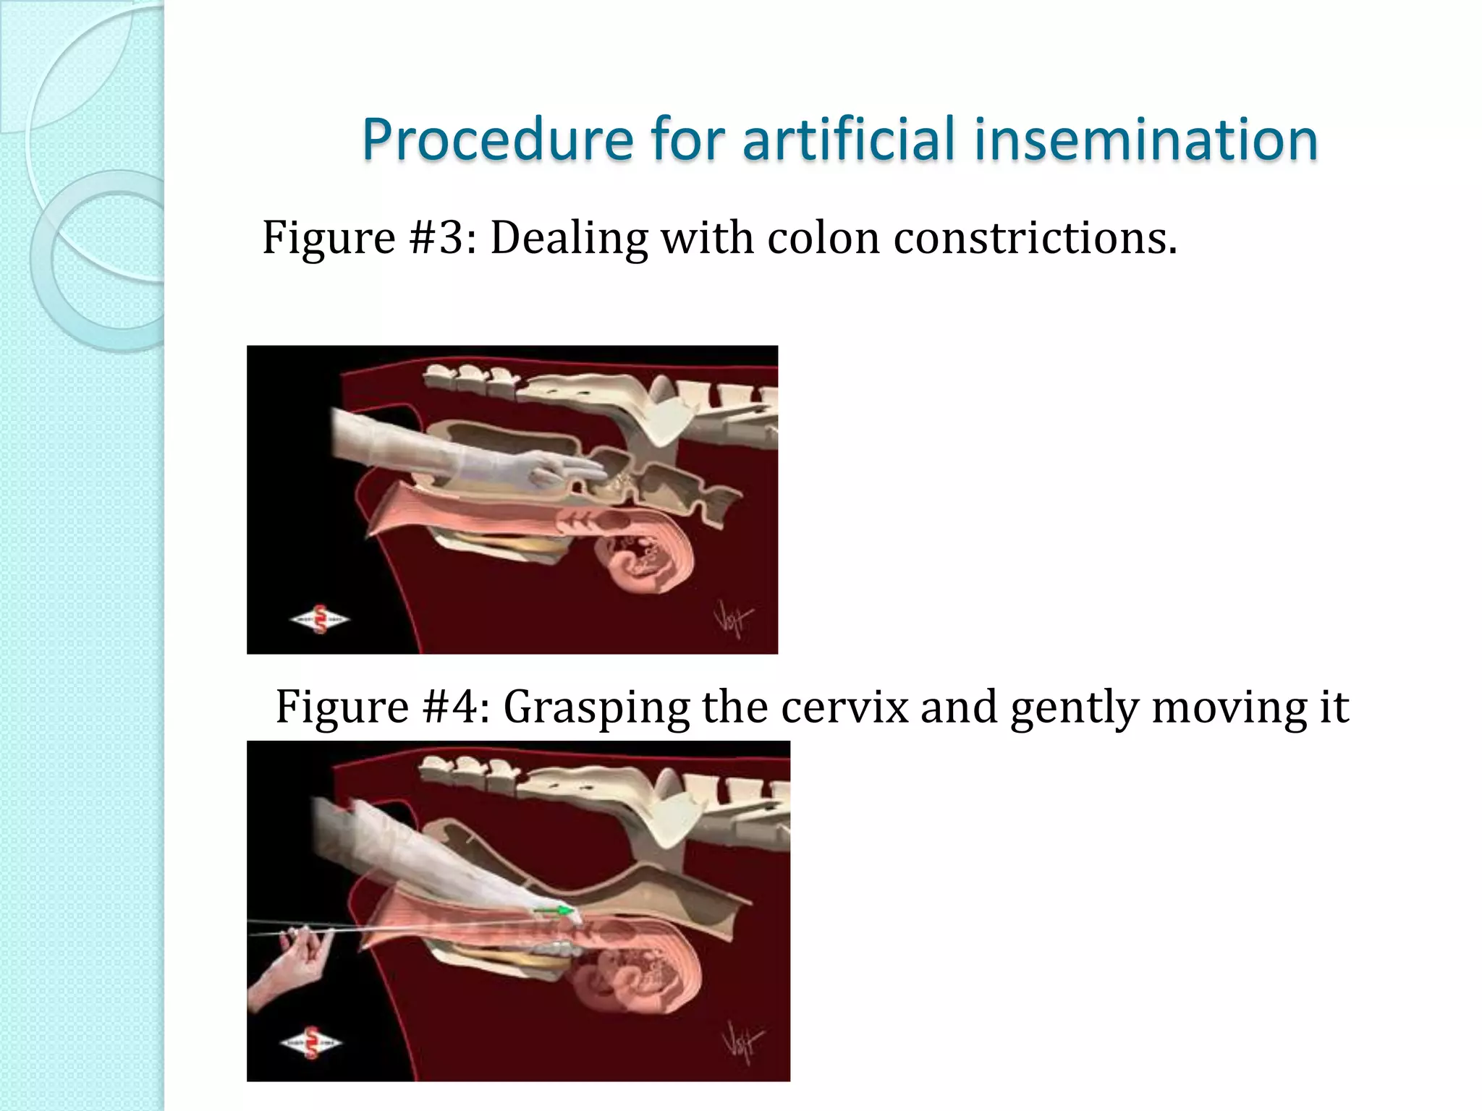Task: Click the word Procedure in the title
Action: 498,140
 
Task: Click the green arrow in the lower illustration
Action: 554,911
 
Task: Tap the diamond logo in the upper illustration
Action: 320,620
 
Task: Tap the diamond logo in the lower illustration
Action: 311,1042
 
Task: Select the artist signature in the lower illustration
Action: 742,1042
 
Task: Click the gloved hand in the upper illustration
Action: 535,468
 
